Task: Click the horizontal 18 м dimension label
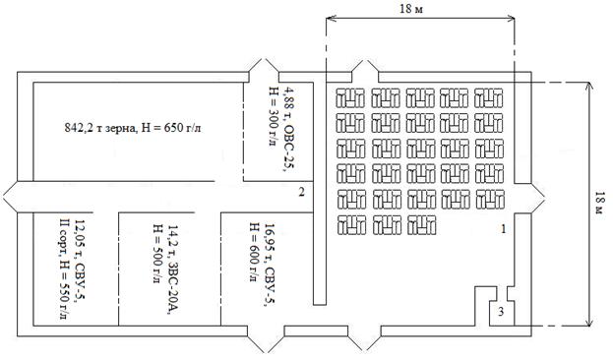tap(411, 9)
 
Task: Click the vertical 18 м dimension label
tap(599, 203)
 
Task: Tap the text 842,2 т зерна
tap(101, 128)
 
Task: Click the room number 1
tap(504, 229)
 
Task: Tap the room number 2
tap(301, 192)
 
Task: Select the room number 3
tap(501, 312)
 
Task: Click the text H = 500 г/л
tap(157, 254)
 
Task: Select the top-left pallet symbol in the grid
tap(350, 97)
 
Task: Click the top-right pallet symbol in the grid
tap(489, 97)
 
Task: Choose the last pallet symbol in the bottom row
tap(421, 225)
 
